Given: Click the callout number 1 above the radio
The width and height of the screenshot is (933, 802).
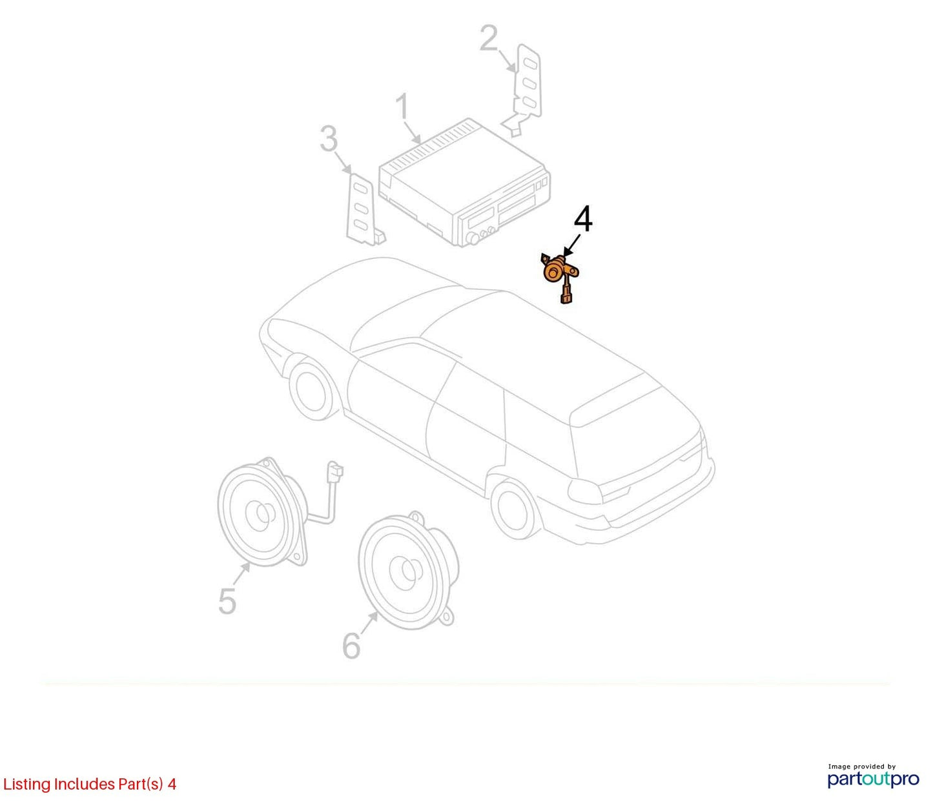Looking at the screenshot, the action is (x=402, y=107).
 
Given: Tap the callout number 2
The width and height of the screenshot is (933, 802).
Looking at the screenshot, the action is (x=488, y=38).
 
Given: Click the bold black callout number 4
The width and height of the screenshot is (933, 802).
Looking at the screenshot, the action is (x=583, y=219).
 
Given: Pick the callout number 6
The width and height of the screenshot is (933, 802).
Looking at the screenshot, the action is (x=352, y=646).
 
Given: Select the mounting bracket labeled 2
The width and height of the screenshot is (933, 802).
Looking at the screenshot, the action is (x=524, y=89).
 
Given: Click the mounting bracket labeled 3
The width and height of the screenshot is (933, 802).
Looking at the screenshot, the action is (x=365, y=209).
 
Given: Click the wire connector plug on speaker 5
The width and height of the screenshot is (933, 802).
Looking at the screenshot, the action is (x=335, y=471).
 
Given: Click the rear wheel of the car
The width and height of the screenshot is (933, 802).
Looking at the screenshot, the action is (x=515, y=510).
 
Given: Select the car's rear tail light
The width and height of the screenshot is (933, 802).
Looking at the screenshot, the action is (x=585, y=492).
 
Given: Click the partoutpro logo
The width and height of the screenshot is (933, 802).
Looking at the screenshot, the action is (x=874, y=779).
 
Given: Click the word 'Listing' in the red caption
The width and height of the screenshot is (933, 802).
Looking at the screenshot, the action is (x=27, y=785).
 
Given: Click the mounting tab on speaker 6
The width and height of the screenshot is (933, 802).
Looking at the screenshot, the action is (x=447, y=615).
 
